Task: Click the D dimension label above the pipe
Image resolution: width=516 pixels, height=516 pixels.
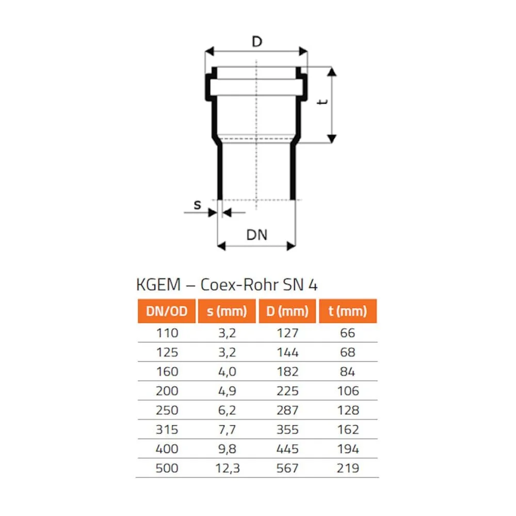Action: coord(256,42)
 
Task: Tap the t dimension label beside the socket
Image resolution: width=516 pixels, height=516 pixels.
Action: coord(322,102)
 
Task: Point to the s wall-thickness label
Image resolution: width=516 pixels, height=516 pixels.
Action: coord(197,205)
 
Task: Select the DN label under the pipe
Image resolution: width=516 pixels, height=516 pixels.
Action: coord(256,235)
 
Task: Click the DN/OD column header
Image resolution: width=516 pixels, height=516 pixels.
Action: coord(167,311)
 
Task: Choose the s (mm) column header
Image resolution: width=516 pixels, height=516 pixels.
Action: coord(227,311)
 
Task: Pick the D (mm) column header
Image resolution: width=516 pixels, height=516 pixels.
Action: coord(287,311)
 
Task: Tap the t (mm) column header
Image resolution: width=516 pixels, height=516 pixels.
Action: coord(348,311)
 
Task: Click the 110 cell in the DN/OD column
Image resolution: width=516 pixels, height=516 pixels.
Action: coord(167,333)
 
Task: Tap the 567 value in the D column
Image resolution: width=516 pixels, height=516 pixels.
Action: coord(287,468)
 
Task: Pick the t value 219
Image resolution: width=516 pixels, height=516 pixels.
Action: coord(348,468)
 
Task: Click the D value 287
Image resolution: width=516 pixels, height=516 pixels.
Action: coord(287,410)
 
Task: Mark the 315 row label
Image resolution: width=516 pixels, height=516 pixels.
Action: coord(167,429)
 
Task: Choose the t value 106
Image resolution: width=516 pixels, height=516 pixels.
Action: coord(348,391)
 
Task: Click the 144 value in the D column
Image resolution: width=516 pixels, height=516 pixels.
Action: coord(287,352)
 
